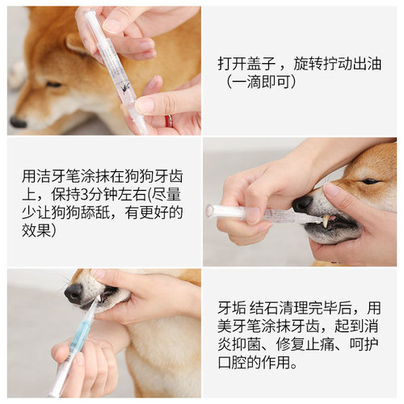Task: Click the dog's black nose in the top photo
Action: click(18, 122)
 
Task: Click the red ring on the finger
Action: click(169, 120)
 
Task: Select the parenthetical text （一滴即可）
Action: click(263, 82)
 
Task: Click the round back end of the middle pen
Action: click(210, 210)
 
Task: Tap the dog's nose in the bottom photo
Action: click(74, 292)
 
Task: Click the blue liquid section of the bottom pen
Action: click(79, 336)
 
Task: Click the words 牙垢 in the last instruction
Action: click(232, 308)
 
